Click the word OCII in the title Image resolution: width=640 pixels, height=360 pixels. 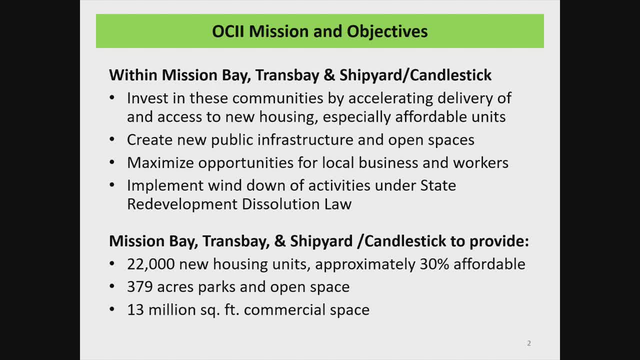pyautogui.click(x=228, y=31)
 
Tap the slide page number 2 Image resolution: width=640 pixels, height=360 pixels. pyautogui.click(x=529, y=343)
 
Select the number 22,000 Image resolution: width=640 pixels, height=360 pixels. pyautogui.click(x=151, y=264)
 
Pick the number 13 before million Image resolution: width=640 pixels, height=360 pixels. pyautogui.click(x=135, y=310)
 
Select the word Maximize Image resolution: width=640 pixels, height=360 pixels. pyautogui.click(x=160, y=163)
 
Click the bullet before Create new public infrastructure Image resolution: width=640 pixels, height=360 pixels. pyautogui.click(x=112, y=140)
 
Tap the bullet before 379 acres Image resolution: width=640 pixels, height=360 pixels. pyautogui.click(x=112, y=287)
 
